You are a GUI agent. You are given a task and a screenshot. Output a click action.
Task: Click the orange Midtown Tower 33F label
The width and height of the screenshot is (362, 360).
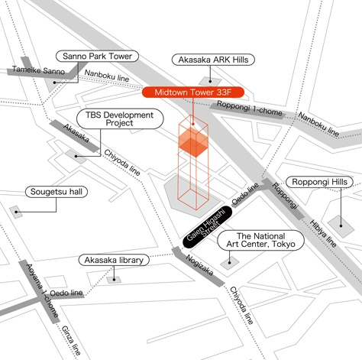193,92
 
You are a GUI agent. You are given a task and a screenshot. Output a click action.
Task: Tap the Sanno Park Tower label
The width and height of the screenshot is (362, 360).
97,57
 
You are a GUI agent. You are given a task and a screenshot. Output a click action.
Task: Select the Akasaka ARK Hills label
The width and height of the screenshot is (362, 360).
213,60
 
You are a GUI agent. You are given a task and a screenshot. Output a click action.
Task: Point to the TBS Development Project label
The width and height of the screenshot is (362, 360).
120,119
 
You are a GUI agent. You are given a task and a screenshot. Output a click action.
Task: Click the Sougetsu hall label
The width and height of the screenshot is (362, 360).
57,192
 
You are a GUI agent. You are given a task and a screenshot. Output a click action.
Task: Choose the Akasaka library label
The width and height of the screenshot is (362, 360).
114,260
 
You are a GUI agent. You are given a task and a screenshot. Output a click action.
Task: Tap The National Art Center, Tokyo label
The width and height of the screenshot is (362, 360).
260,240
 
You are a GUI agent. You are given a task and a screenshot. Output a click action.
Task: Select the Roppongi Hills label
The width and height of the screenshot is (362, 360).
319,182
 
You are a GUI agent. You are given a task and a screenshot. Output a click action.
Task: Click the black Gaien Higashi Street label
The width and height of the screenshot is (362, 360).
208,227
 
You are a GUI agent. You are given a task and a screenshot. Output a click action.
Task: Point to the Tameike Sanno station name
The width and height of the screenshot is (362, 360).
38,70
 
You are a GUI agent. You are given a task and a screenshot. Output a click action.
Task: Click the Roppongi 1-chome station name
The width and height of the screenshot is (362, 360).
250,109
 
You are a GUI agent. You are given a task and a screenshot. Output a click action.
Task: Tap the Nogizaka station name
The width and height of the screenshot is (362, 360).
199,265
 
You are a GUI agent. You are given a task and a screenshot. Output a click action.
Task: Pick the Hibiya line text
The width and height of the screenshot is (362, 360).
323,233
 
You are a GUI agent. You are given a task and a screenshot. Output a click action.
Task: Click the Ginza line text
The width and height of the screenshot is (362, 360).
71,340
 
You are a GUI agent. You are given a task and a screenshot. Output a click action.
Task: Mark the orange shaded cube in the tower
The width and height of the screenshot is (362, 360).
193,142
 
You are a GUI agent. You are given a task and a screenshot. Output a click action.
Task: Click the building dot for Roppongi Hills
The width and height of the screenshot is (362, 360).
341,225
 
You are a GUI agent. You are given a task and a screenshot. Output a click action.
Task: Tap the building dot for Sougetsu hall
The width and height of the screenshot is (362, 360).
16,212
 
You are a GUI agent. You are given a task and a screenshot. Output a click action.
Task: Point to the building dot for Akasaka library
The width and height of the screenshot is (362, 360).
114,280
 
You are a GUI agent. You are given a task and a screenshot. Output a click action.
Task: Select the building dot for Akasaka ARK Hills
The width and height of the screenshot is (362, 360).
210,81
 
